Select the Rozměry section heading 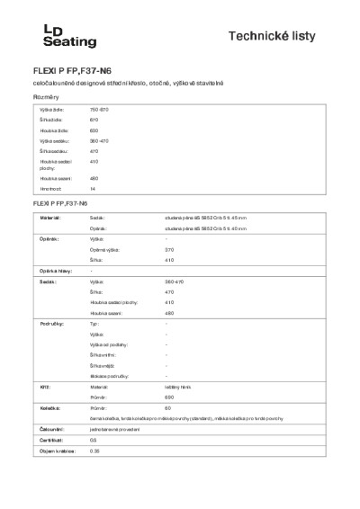46,96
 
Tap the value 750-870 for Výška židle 99,109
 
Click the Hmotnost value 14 92,189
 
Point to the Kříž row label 41,384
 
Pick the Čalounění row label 49,430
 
